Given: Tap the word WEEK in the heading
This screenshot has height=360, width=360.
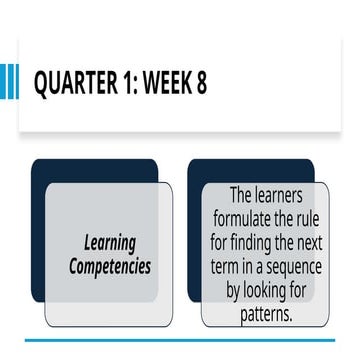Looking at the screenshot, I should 169,83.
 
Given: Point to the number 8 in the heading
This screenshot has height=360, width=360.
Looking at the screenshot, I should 202,83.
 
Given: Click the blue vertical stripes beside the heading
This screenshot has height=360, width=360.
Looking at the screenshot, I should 9,82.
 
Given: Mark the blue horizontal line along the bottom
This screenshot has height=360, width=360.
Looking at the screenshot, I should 180,341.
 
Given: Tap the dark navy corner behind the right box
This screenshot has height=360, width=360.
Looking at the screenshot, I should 194,175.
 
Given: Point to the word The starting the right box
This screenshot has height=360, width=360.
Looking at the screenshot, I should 244,194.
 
